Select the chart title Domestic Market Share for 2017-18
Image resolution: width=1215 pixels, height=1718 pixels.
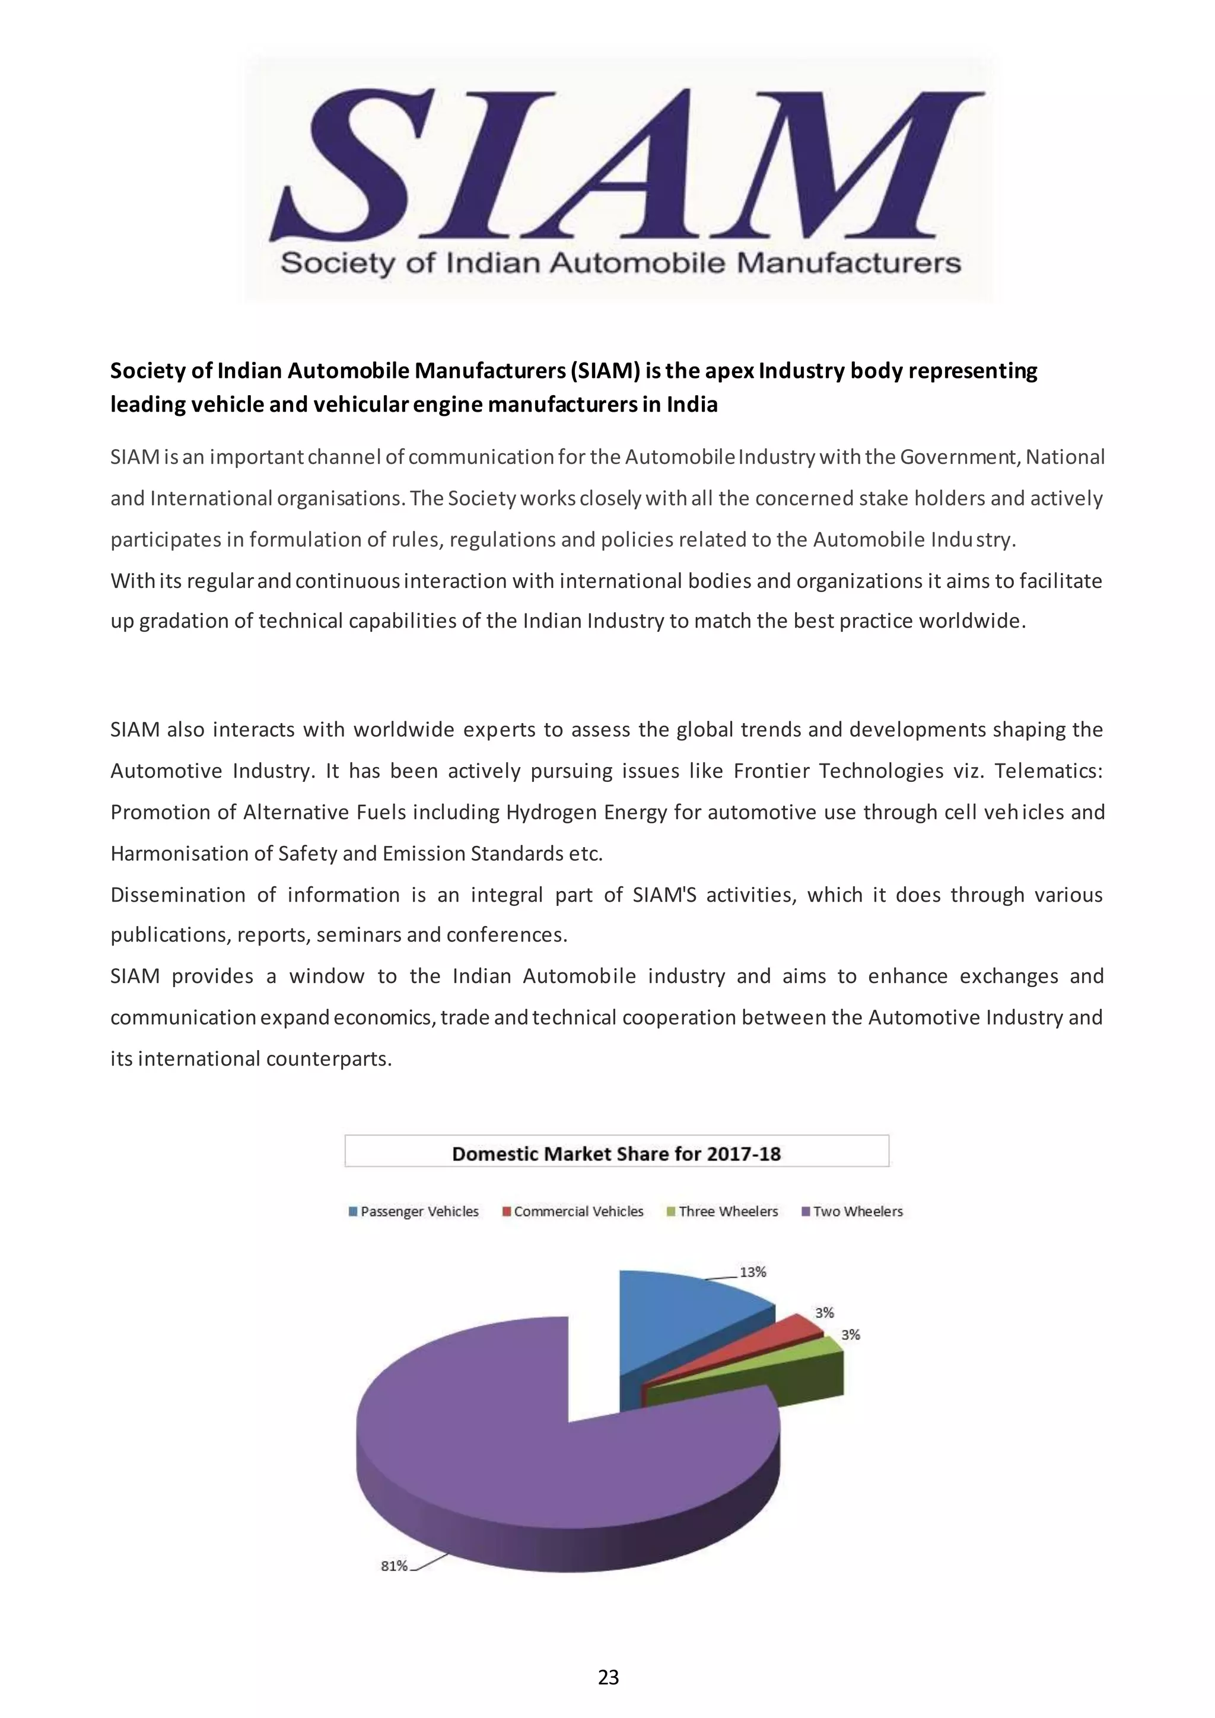tap(616, 1154)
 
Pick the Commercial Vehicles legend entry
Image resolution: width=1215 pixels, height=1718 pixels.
tap(573, 1211)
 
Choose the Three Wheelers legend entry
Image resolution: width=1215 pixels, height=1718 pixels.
tap(723, 1211)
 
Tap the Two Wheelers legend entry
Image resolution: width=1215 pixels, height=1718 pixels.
tap(853, 1211)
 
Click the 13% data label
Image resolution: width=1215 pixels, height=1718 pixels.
tap(753, 1272)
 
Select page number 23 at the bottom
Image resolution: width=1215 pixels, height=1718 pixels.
tap(608, 1677)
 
